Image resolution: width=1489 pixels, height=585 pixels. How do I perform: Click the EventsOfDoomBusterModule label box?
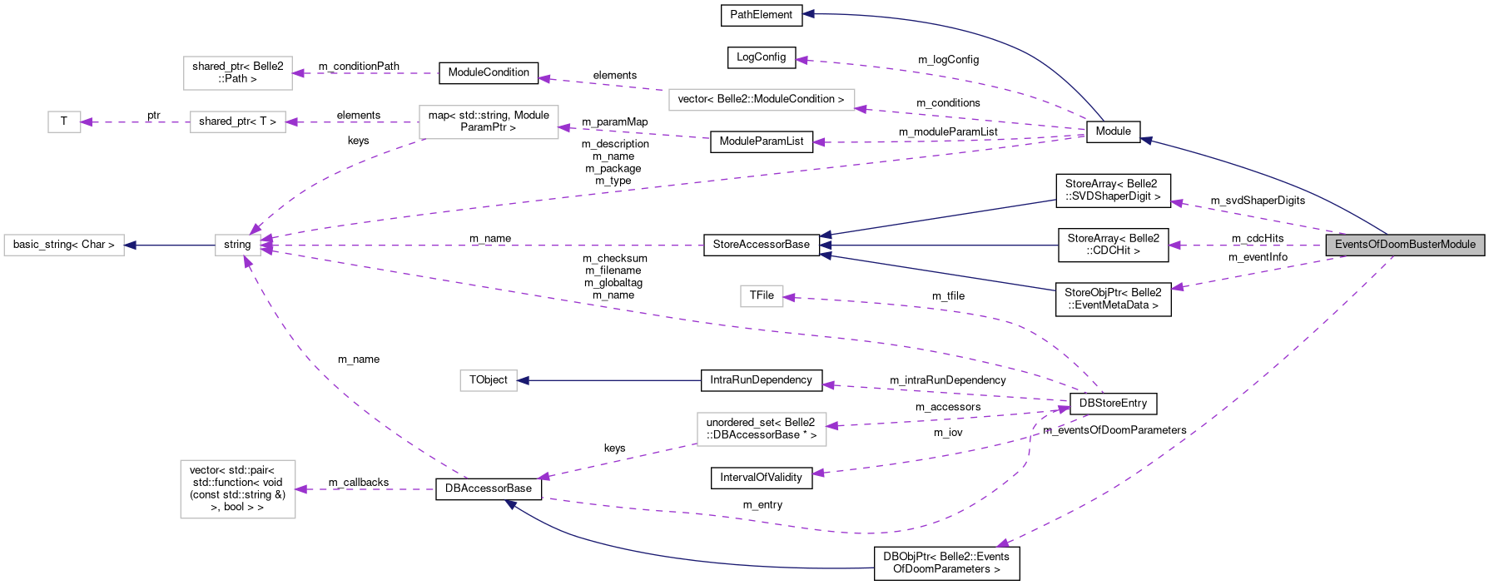point(1405,245)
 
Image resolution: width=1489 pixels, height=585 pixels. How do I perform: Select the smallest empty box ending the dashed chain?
point(64,121)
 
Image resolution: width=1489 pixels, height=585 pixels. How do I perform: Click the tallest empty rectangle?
point(238,489)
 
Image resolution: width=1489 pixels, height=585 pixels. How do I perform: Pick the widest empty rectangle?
point(762,100)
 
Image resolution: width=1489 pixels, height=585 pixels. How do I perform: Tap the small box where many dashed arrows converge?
point(238,245)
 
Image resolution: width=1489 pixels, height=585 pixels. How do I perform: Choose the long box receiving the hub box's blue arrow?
point(64,245)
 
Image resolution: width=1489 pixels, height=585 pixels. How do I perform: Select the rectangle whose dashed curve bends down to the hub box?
point(489,122)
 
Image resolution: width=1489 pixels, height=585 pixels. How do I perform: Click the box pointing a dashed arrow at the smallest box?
point(238,121)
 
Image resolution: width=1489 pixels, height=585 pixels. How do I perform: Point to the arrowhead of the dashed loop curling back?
point(1065,408)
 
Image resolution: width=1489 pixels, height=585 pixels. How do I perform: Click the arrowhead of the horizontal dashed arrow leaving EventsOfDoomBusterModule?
point(1174,245)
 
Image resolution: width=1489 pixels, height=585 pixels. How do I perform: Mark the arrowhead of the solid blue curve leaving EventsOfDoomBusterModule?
point(1145,140)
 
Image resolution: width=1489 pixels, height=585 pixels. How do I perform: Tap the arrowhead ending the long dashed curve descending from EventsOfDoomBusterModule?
point(1002,544)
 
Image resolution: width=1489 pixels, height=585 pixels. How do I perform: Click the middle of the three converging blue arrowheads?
point(824,245)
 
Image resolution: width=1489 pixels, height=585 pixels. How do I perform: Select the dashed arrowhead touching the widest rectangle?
point(861,108)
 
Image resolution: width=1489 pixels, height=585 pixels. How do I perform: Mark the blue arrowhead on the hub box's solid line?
point(130,245)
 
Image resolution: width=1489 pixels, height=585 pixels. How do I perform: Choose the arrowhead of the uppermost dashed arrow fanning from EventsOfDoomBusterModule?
point(1175,202)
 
